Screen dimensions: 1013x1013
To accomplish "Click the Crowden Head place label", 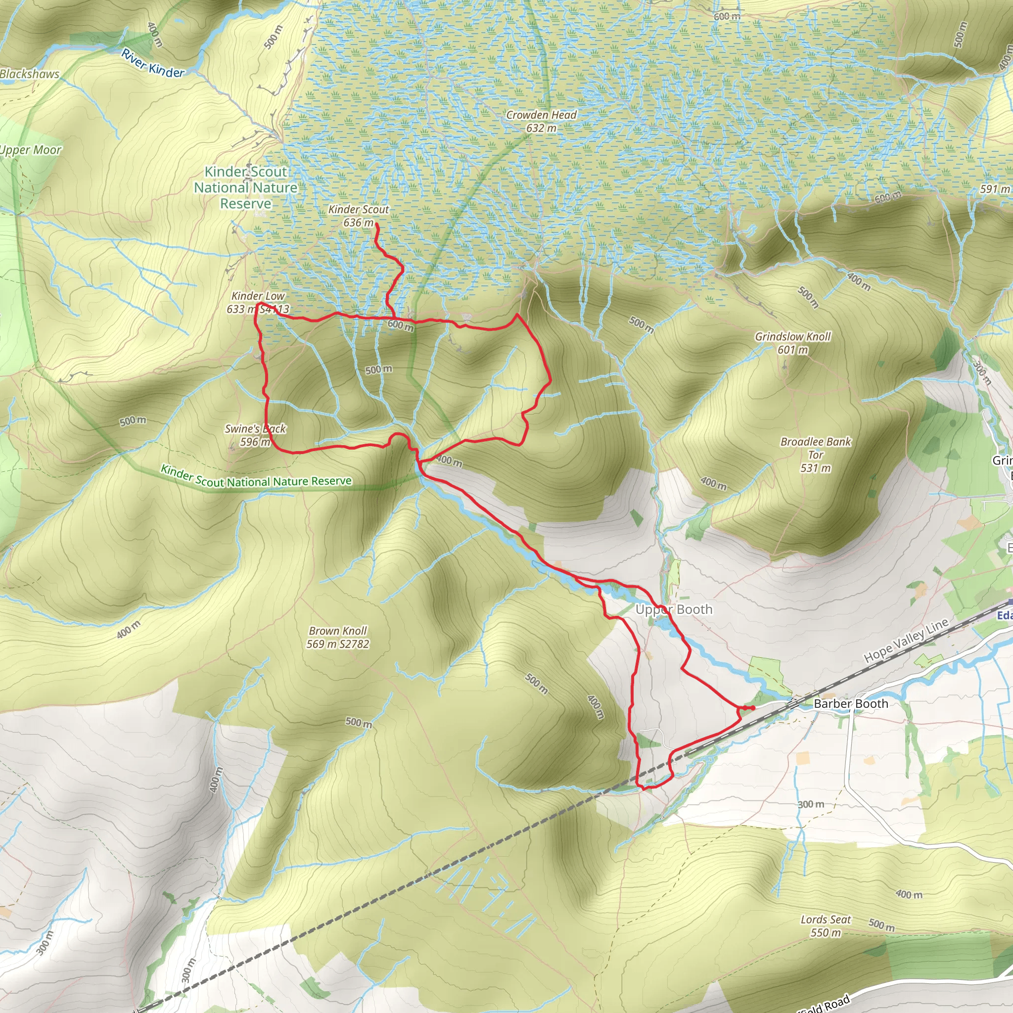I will click(541, 115).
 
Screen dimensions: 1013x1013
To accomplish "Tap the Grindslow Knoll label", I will click(792, 337).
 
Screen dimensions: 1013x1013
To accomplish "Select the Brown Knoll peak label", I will click(338, 631).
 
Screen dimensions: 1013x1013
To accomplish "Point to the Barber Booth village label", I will click(850, 704).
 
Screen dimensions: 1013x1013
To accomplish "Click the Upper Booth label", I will click(674, 609).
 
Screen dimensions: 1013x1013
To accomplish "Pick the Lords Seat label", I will click(826, 934).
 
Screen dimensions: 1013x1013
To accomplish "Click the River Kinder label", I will click(152, 63).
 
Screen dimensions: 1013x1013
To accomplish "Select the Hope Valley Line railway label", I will click(906, 640).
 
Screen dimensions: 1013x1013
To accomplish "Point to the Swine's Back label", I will click(255, 429).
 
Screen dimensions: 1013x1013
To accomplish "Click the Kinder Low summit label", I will click(258, 296).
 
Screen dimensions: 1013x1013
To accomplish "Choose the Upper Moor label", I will click(30, 150).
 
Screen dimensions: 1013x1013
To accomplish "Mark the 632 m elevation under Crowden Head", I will click(541, 128).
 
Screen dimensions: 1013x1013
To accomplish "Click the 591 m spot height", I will click(994, 189).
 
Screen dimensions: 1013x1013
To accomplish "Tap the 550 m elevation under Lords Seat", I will click(826, 947).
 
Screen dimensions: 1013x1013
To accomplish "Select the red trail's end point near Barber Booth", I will click(753, 708).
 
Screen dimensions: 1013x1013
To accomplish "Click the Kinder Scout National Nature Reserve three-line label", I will click(245, 187).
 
